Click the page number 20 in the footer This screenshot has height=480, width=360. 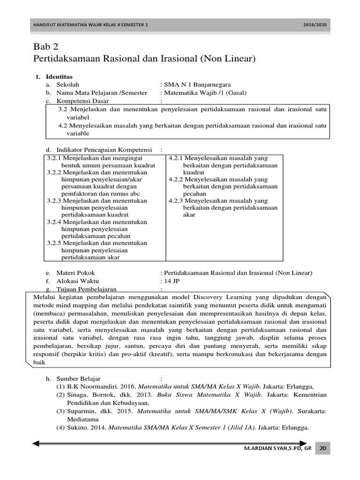pyautogui.click(x=322, y=449)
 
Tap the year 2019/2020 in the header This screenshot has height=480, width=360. pyautogui.click(x=315, y=25)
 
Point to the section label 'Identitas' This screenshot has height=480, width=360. pyautogui.click(x=59, y=76)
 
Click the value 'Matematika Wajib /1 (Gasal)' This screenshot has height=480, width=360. pyautogui.click(x=204, y=93)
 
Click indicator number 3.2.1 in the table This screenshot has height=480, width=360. pyautogui.click(x=55, y=158)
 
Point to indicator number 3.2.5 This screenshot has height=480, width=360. pyautogui.click(x=55, y=243)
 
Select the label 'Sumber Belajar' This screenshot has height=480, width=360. pyautogui.click(x=78, y=378)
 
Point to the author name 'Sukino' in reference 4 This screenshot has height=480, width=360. pyautogui.click(x=76, y=427)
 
